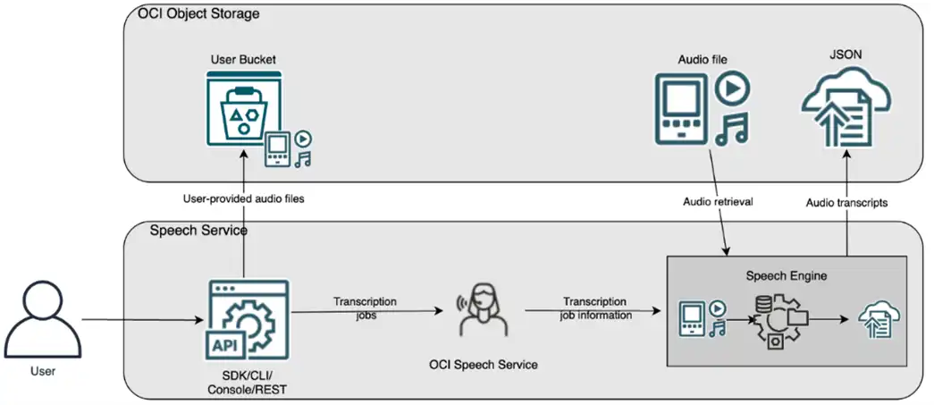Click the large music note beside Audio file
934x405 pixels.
[732, 127]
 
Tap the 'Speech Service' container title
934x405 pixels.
[198, 231]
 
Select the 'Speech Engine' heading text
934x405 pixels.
[787, 275]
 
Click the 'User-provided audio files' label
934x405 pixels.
[243, 198]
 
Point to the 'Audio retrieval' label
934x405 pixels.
[718, 203]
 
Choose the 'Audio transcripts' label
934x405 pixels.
[846, 203]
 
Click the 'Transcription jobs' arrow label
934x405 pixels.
[365, 308]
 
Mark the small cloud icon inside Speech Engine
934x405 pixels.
[878, 318]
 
